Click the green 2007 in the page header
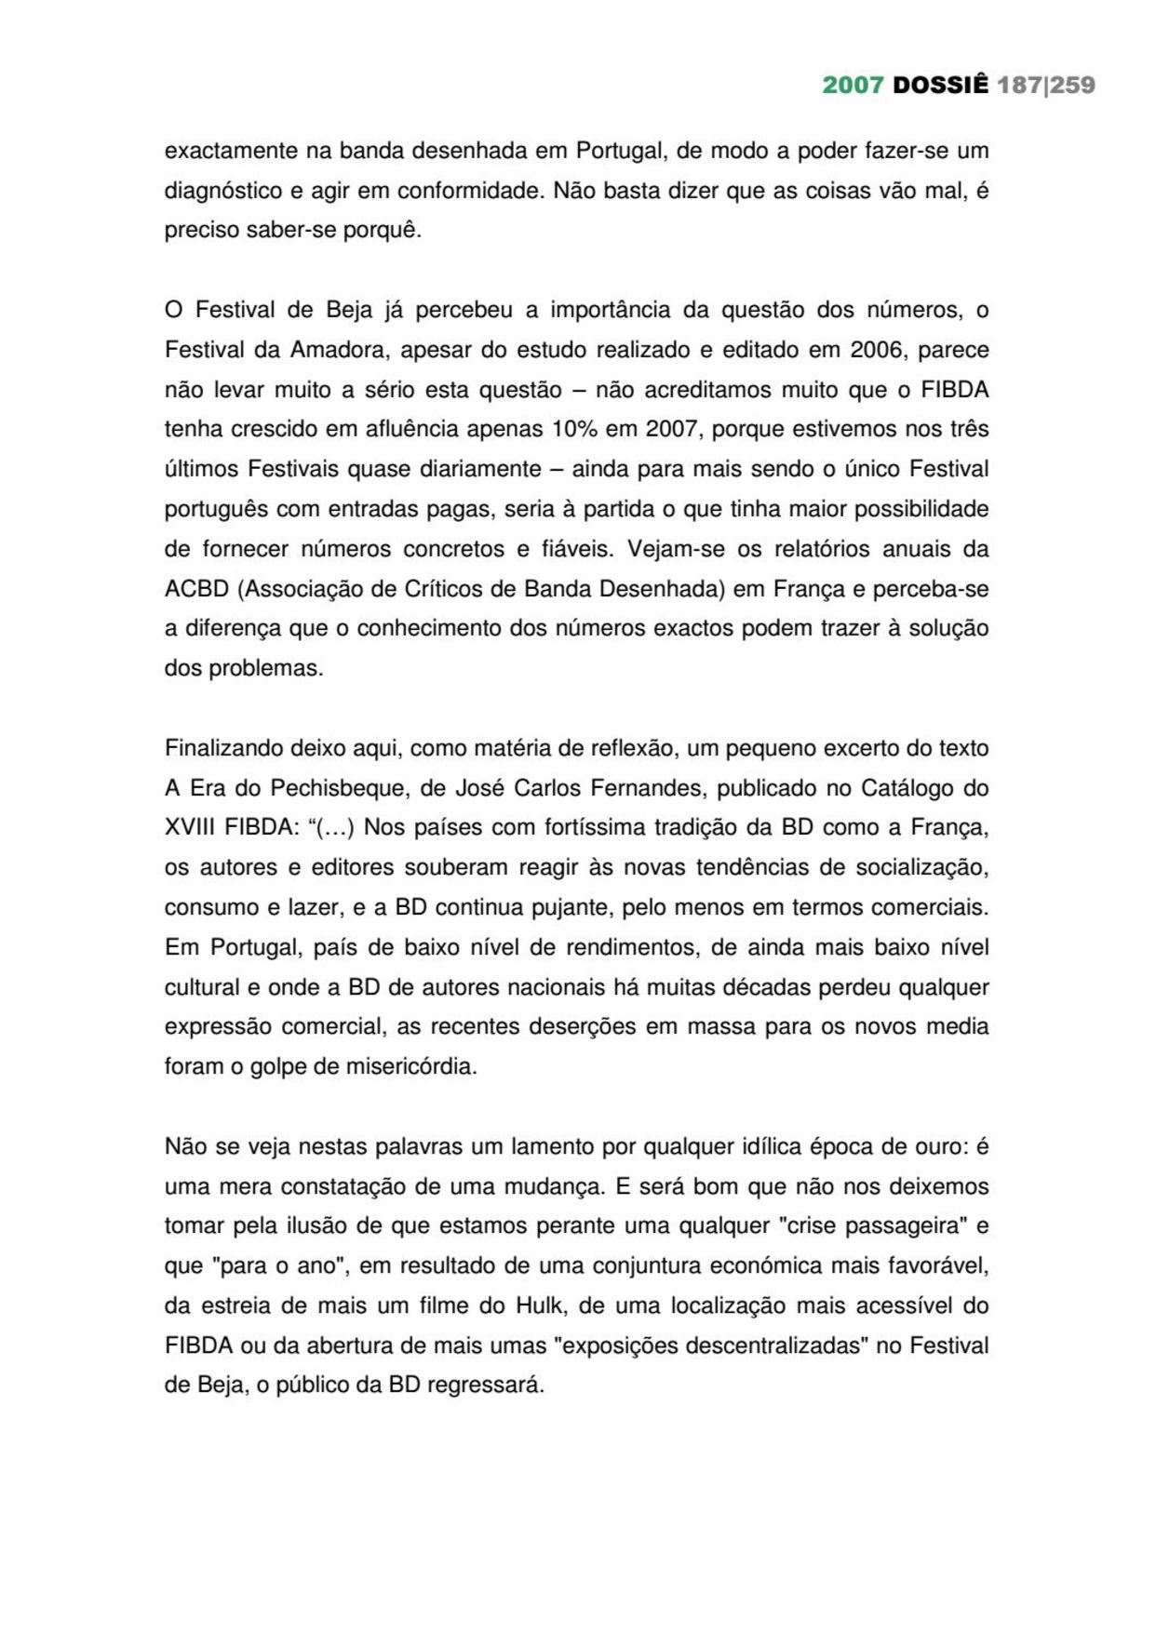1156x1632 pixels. [x=853, y=86]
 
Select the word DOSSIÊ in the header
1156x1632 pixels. [x=940, y=86]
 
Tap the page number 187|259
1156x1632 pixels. [x=1046, y=86]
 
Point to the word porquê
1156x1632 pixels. [x=383, y=231]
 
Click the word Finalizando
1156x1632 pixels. [x=224, y=749]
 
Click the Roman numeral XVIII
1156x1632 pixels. [x=192, y=828]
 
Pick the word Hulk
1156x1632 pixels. [x=540, y=1306]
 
